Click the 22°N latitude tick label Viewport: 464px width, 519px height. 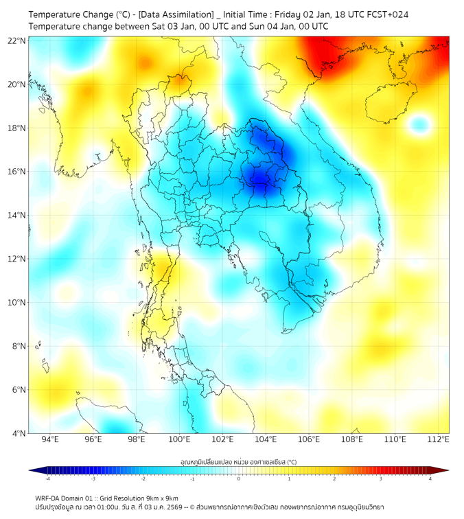[x=17, y=41]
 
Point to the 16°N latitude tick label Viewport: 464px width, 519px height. [x=17, y=172]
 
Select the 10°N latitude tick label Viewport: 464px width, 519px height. [x=17, y=302]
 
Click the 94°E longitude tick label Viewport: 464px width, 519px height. [x=50, y=439]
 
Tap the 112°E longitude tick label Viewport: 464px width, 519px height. [x=438, y=439]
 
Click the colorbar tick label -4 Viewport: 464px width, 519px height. [x=47, y=478]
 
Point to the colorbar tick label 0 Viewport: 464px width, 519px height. [x=239, y=478]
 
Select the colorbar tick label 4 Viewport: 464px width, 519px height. [x=430, y=478]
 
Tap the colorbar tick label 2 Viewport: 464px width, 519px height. [x=334, y=478]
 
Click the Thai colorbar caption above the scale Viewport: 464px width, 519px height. [x=238, y=461]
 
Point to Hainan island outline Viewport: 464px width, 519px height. [x=388, y=102]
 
